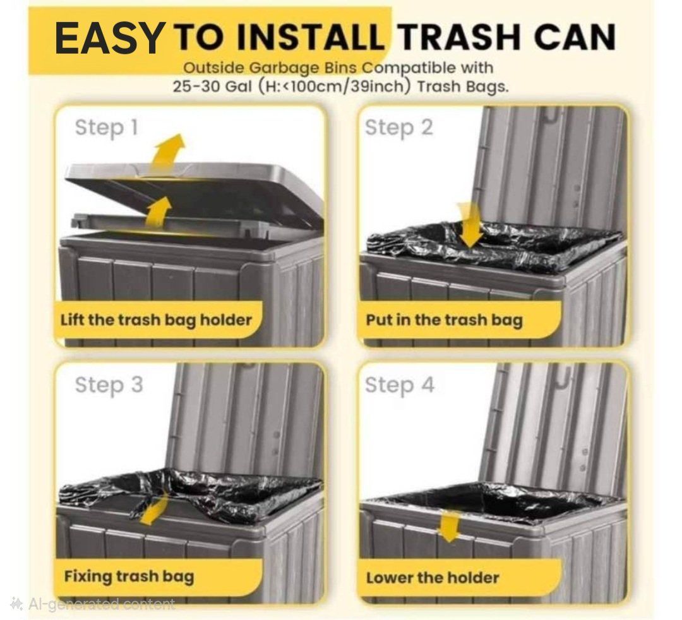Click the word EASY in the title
pos(109,38)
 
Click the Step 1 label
pos(106,128)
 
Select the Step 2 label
pos(399,128)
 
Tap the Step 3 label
pos(109,385)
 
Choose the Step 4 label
pos(399,385)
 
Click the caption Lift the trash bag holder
pos(156,321)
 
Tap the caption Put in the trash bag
pos(444,321)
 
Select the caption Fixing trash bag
pos(129,577)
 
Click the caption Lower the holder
pos(433,578)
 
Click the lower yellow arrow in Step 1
pos(158,212)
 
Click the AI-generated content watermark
pos(93,604)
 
